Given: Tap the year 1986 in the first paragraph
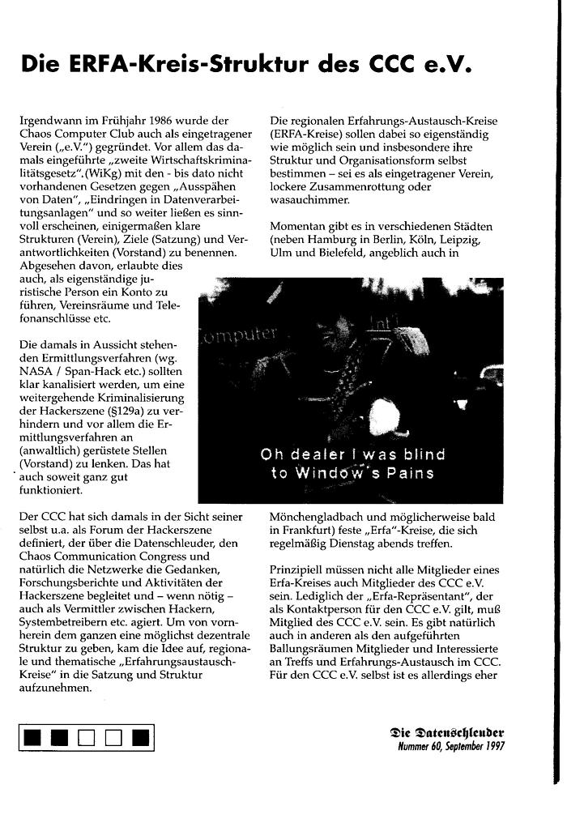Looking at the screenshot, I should [155, 121].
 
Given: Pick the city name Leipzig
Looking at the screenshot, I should [458, 239].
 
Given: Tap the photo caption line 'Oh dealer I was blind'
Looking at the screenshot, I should [347, 454].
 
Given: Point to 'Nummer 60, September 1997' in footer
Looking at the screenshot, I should [450, 748].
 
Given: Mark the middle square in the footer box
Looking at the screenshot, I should [87, 737].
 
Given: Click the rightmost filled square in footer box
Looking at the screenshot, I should [140, 737].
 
